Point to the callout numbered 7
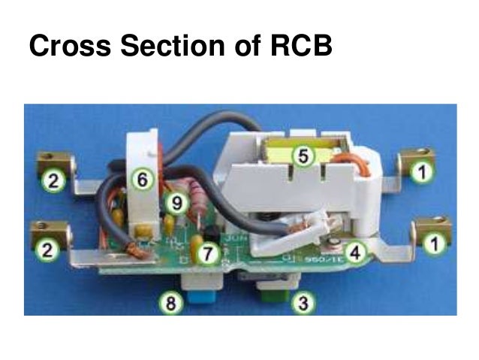point(207,253)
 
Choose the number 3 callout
point(303,304)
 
